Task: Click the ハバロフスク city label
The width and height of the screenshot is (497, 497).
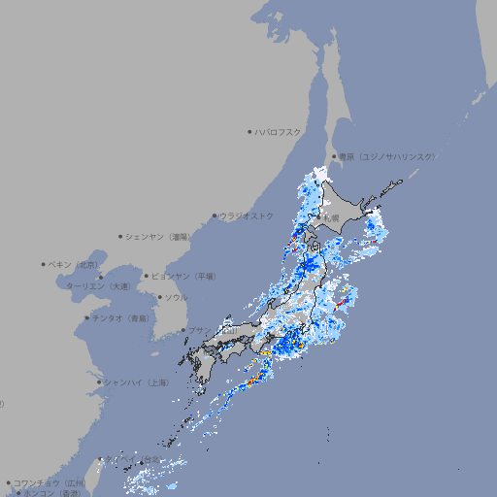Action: click(x=278, y=131)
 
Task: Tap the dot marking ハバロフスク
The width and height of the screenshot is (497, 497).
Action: click(x=249, y=131)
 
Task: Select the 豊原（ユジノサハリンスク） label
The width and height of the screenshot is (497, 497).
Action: click(x=386, y=156)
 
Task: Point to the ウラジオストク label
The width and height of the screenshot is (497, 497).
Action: click(x=248, y=215)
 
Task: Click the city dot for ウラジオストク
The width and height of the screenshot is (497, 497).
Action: click(x=215, y=216)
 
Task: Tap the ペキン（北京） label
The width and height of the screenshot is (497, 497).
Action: click(x=75, y=264)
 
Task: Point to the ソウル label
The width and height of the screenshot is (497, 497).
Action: click(x=176, y=297)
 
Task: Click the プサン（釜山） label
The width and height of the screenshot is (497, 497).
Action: click(x=212, y=330)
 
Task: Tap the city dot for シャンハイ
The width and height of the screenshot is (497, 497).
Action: click(x=99, y=382)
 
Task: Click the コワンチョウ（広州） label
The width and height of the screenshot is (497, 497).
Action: click(x=50, y=482)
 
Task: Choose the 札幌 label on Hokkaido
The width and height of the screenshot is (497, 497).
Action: click(x=331, y=218)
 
